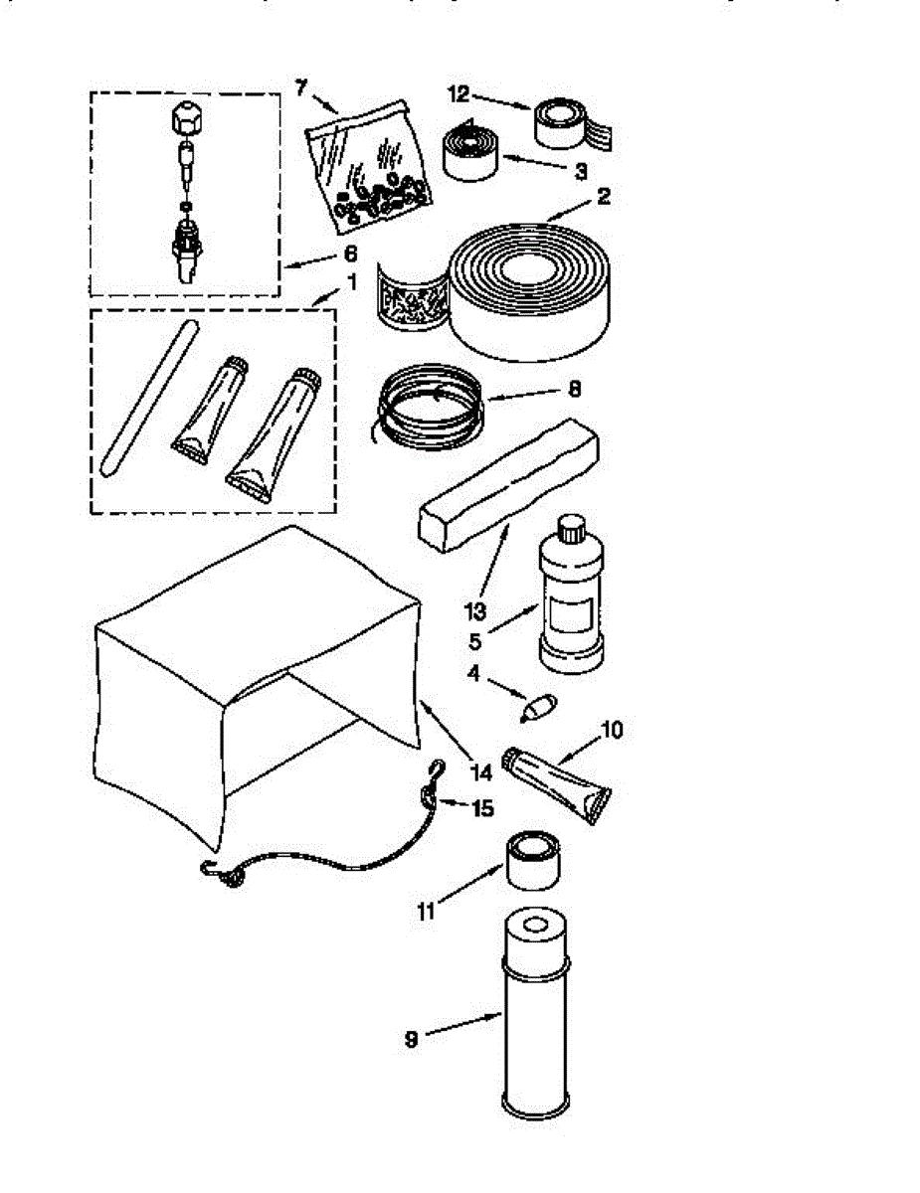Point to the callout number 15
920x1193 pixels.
coord(481,808)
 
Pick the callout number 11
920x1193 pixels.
coord(427,909)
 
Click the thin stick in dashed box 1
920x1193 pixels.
coord(147,397)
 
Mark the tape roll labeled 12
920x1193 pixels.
coord(572,125)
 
